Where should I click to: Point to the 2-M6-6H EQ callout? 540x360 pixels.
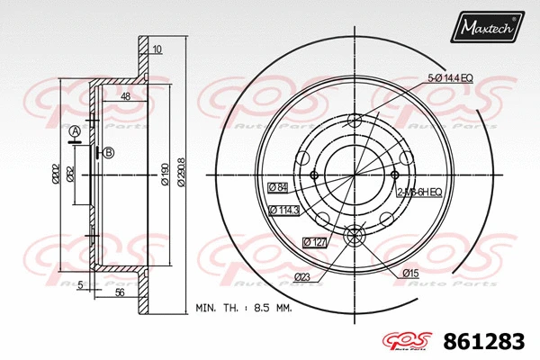click(x=418, y=192)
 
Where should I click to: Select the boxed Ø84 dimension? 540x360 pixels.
click(x=278, y=187)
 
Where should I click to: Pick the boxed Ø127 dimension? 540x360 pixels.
click(x=314, y=240)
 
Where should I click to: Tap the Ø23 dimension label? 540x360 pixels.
click(x=303, y=279)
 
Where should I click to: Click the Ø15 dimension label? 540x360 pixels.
click(x=410, y=271)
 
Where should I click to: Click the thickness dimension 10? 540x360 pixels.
click(x=157, y=49)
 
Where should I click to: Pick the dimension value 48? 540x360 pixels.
click(x=125, y=96)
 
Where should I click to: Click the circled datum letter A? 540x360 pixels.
click(x=76, y=132)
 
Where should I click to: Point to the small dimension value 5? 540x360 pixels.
click(x=80, y=285)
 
